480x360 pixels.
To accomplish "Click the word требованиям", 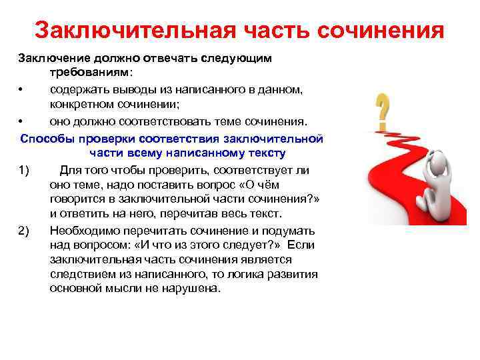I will click(x=89, y=72).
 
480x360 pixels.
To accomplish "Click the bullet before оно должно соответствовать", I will click(x=21, y=121).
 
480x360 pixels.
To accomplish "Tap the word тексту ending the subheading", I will click(x=266, y=153).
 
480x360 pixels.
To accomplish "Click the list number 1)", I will click(x=25, y=170).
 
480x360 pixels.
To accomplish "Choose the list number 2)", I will click(x=25, y=230).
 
